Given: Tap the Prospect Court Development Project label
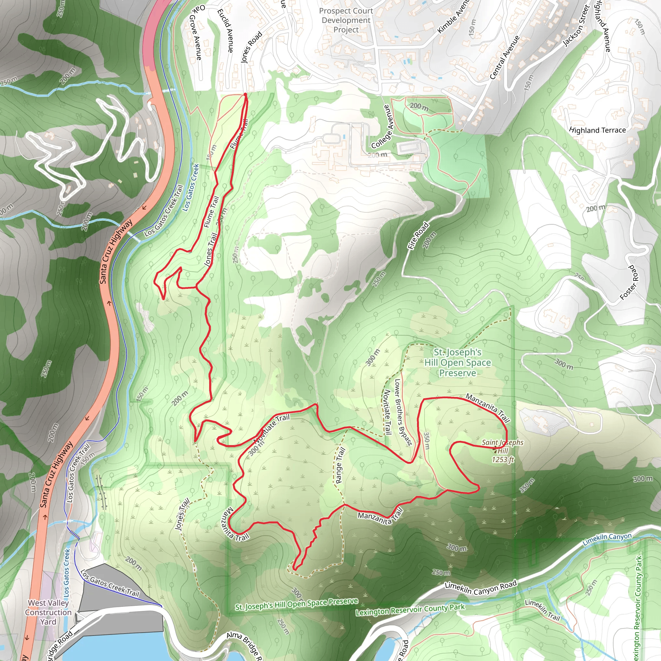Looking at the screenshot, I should point(346,20).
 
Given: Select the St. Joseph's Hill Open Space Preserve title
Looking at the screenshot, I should point(457,362).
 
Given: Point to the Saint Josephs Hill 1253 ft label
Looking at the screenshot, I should point(502,451).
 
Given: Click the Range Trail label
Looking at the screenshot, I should point(340,465).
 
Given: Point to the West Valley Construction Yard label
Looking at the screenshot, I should point(48,612).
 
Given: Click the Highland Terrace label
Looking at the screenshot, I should point(597,130).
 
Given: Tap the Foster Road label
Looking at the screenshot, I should point(629,283).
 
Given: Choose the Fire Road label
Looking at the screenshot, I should point(418,236).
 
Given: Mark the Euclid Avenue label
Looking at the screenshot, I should point(226,31).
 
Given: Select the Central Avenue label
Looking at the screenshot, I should point(504,57).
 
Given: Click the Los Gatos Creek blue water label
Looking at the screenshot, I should point(190,187).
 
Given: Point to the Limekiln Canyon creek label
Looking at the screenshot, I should point(607,539).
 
